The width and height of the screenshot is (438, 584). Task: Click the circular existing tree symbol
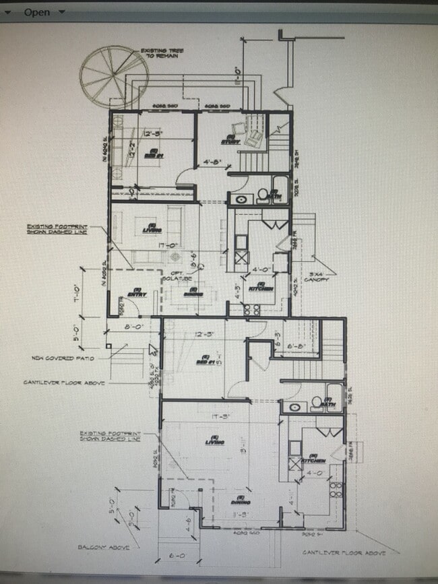(113, 76)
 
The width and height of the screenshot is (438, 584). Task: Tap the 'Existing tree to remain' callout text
(158, 54)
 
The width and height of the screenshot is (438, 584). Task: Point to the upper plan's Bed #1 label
(154, 153)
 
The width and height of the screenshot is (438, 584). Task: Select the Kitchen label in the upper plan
(263, 288)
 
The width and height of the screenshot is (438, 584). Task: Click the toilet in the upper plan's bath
(261, 195)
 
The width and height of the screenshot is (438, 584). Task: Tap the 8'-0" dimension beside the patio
(133, 327)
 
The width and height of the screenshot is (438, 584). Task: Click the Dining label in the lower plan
(241, 501)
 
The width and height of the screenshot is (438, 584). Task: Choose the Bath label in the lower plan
(332, 405)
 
